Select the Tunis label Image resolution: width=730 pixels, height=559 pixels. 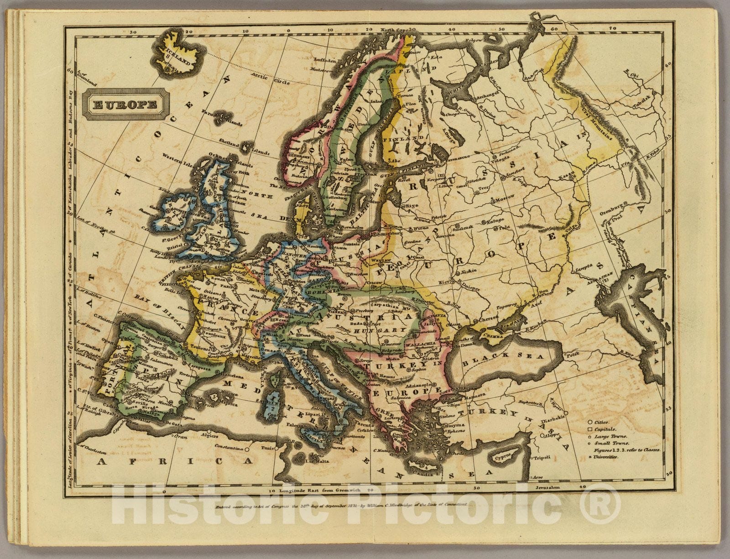(266, 447)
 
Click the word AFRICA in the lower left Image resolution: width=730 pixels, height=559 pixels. (176, 461)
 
